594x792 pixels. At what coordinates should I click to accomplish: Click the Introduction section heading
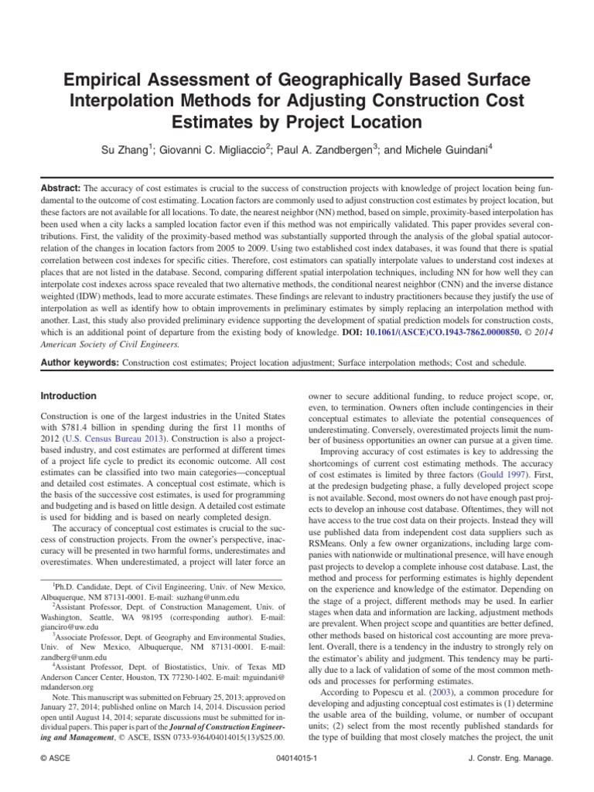point(68,396)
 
